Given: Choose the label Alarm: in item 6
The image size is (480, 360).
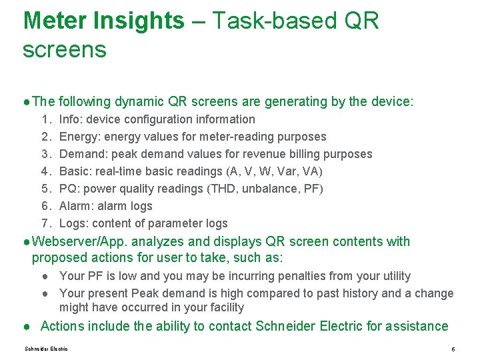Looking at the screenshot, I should (77, 206).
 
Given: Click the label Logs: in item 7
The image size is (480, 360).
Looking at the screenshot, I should (73, 223).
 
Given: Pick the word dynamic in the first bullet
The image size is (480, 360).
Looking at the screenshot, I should (139, 102).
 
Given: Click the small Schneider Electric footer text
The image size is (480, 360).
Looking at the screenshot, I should (46, 349).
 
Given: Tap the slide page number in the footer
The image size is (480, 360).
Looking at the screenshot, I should (453, 349).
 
